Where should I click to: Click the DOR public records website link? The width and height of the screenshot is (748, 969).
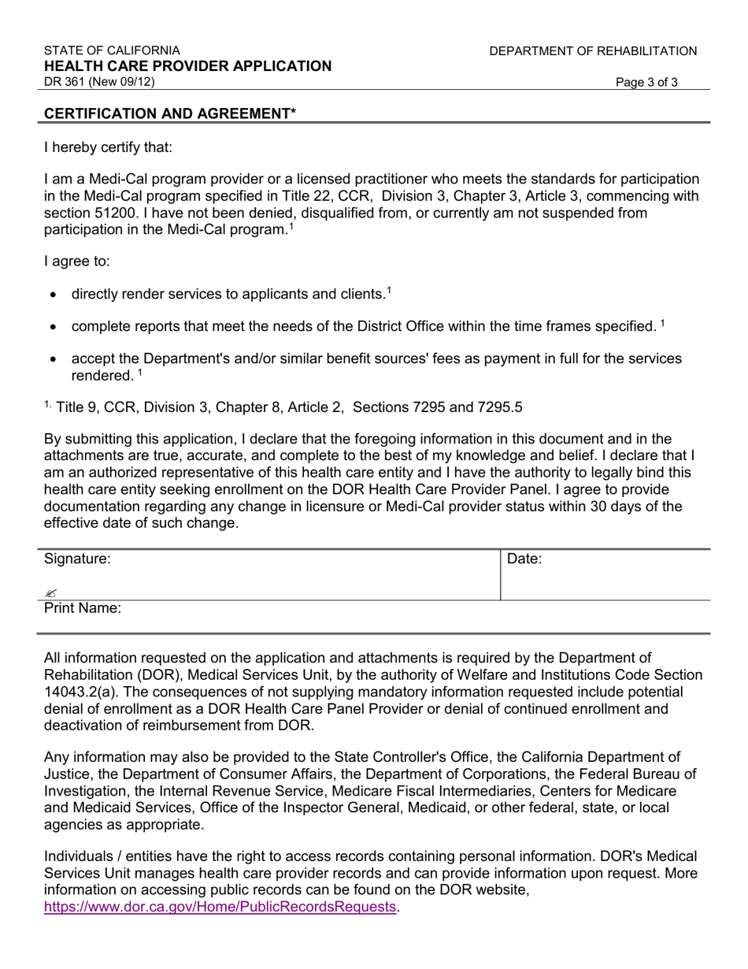coord(220,907)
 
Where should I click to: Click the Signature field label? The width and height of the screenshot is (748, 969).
coord(77,559)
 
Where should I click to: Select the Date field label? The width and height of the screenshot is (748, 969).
coord(524,559)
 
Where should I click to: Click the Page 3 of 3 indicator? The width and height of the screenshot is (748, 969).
coord(646,82)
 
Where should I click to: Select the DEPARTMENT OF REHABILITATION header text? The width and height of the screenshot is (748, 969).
coord(593,51)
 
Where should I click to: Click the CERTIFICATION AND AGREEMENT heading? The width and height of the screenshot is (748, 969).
coord(170,113)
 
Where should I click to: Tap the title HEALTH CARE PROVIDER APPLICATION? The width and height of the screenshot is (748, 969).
coord(187,66)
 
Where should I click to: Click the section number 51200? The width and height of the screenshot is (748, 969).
coord(117,213)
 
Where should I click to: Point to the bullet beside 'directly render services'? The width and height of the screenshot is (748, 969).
coord(53,295)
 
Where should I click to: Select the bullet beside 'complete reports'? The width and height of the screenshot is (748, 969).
coord(53,327)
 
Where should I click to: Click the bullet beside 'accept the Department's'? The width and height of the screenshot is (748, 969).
coord(53,359)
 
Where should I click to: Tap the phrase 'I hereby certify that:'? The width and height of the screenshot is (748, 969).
coord(108,147)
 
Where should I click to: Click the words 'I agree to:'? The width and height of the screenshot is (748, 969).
coord(77,262)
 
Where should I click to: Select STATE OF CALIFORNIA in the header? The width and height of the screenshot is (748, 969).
coord(112,51)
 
